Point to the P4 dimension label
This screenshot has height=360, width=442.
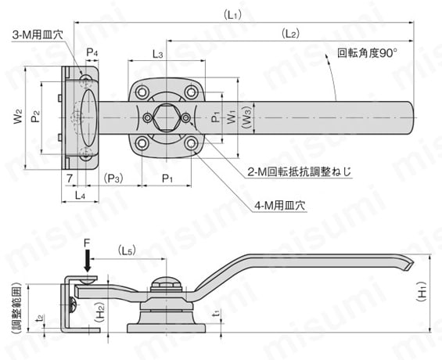[x=92, y=52]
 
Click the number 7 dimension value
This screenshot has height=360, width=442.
[x=70, y=178]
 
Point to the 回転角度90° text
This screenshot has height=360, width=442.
[x=367, y=54]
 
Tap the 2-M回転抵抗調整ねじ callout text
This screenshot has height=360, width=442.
[x=290, y=171]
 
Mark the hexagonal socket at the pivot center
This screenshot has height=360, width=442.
[x=167, y=117]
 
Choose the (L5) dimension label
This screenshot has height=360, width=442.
[x=128, y=251]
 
